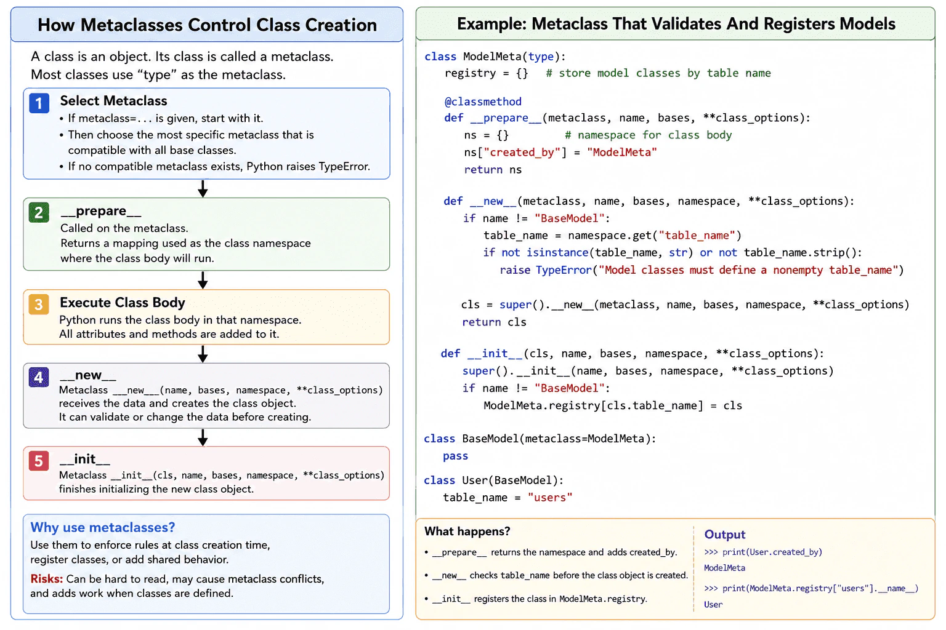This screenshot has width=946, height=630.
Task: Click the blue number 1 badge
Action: [39, 103]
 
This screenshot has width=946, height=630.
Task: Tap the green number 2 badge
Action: [39, 212]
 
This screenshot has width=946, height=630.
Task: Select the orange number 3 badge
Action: [39, 305]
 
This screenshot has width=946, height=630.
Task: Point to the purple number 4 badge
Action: [39, 377]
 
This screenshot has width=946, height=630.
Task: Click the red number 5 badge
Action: [39, 461]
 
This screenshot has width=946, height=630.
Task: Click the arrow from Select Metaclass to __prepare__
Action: [203, 189]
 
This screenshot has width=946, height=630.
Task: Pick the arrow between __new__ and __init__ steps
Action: [203, 437]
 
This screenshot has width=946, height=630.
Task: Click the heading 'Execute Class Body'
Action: [123, 303]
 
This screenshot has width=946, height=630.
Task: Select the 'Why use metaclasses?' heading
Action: [103, 527]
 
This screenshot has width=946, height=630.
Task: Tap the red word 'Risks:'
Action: [46, 578]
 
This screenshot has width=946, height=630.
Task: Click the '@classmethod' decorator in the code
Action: [483, 102]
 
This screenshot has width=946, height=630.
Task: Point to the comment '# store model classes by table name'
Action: [658, 73]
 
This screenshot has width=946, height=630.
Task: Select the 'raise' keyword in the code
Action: [515, 270]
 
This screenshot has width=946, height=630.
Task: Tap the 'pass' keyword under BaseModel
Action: [455, 456]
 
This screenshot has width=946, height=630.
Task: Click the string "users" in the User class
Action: [550, 498]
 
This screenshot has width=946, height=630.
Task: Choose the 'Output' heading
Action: [725, 535]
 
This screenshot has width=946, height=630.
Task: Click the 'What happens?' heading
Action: [467, 532]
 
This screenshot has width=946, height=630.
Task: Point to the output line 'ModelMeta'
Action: [724, 568]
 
